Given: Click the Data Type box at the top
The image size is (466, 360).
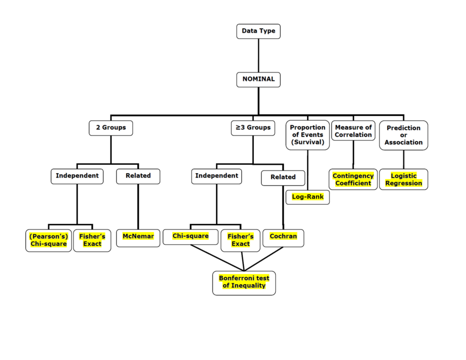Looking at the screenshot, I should pos(258,31).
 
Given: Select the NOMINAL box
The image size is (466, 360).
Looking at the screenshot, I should pos(258,79).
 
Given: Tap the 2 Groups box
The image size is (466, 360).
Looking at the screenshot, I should pos(111,127).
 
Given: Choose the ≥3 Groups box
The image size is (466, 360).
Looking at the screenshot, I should pos(253,127).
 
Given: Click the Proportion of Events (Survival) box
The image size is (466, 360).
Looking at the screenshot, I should pos(308,135).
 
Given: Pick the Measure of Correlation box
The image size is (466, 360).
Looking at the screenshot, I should pos(353,131).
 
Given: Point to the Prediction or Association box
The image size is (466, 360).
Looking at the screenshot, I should pos(403,135).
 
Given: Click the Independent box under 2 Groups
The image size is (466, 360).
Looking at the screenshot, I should pos(77,176).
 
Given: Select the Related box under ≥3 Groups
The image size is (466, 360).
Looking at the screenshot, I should pos(283,177).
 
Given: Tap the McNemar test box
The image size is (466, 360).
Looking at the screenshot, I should pos(138,237).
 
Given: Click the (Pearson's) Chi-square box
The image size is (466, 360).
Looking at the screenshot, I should pos(49,240).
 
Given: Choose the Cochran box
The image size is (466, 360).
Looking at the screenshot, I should pos(283,237).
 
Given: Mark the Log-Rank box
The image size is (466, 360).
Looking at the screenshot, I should pos(308,197).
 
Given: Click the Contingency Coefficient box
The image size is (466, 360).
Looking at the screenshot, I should pos(353,179).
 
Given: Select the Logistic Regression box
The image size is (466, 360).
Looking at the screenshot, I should pos(403,179).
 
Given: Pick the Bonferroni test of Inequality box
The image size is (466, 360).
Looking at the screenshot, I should pos(244,282).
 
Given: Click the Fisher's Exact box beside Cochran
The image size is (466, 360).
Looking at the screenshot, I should pos(240,240).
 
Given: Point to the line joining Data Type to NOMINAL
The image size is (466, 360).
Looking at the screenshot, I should pos(258,56).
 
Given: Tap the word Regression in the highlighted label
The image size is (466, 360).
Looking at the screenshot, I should pos(403,183).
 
